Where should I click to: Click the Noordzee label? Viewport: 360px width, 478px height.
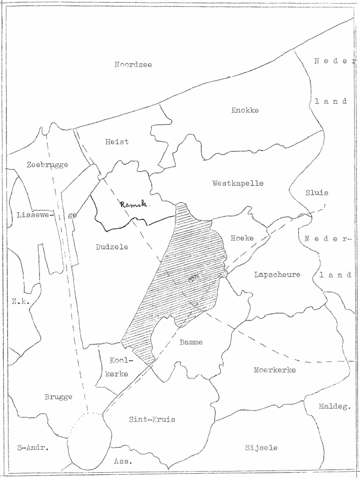[133, 65]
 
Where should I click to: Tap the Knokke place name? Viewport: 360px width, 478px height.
[245, 110]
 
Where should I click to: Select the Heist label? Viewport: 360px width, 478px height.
[117, 142]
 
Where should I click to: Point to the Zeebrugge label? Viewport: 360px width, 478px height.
[47, 165]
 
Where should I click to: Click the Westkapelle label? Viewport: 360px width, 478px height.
[238, 183]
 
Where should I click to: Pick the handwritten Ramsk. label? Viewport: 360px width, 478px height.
[134, 204]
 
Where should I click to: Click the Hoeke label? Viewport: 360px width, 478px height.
[242, 238]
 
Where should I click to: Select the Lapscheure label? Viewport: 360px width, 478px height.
[277, 275]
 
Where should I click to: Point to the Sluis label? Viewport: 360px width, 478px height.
[317, 193]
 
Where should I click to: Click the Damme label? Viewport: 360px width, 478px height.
[190, 342]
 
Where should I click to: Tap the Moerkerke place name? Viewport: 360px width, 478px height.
[274, 369]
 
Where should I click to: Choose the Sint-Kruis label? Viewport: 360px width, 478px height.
[152, 419]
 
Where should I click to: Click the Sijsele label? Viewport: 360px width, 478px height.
[261, 448]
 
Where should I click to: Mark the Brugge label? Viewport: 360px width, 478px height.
[58, 397]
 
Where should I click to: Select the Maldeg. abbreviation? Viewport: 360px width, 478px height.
[335, 407]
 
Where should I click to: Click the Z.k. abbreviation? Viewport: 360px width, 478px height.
[19, 301]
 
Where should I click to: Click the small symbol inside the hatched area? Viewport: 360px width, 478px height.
[193, 278]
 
